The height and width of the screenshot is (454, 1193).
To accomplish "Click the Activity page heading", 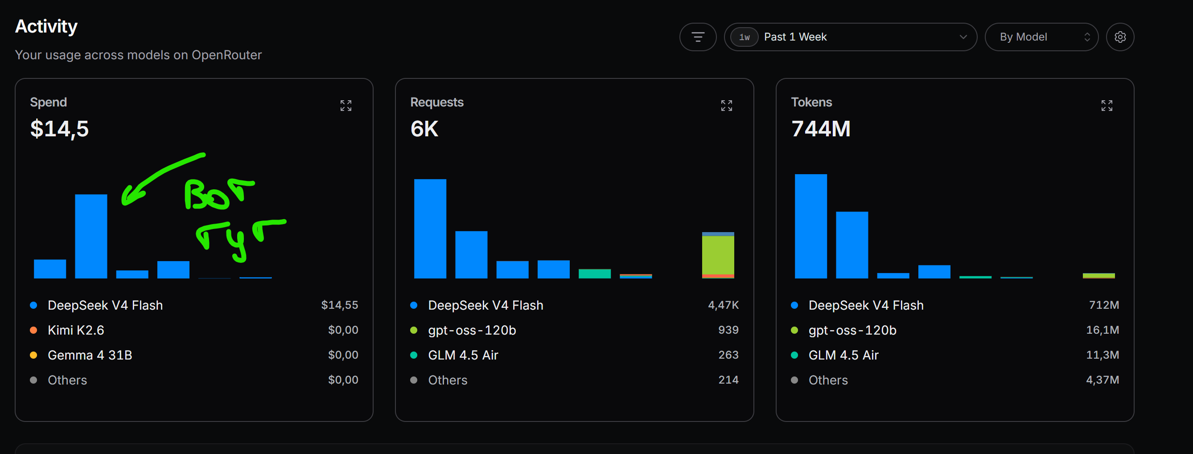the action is pyautogui.click(x=46, y=26).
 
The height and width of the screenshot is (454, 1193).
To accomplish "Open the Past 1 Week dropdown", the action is pyautogui.click(x=850, y=37).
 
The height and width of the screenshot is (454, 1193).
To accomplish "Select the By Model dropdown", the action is pyautogui.click(x=1041, y=37).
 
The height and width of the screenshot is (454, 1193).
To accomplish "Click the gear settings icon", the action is pyautogui.click(x=1120, y=37).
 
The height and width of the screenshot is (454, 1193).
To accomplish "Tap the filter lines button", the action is pyautogui.click(x=698, y=37).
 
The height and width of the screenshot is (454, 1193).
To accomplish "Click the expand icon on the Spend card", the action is pyautogui.click(x=346, y=106).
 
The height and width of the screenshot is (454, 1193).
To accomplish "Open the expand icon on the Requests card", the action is pyautogui.click(x=727, y=106).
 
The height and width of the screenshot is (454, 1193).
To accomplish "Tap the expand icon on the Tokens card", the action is pyautogui.click(x=1107, y=106).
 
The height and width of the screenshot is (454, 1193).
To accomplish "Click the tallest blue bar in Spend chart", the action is pyautogui.click(x=91, y=236).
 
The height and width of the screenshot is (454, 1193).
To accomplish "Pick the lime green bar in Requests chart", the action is pyautogui.click(x=718, y=255).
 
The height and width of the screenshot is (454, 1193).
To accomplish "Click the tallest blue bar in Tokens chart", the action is pyautogui.click(x=810, y=226).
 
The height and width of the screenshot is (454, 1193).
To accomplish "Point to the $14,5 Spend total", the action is pyautogui.click(x=59, y=129).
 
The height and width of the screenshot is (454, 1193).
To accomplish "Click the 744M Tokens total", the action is pyautogui.click(x=821, y=129).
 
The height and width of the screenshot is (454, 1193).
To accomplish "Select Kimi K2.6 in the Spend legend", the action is pyautogui.click(x=76, y=330).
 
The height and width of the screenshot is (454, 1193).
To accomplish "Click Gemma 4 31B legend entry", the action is pyautogui.click(x=90, y=355).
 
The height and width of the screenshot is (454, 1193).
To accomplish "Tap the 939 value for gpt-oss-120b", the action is pyautogui.click(x=728, y=330).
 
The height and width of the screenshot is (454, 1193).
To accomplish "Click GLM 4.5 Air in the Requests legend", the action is pyautogui.click(x=463, y=355).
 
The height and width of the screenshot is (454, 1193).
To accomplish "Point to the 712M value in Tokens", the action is pyautogui.click(x=1104, y=305).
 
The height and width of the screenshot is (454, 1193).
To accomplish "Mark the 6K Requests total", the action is pyautogui.click(x=424, y=129).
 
